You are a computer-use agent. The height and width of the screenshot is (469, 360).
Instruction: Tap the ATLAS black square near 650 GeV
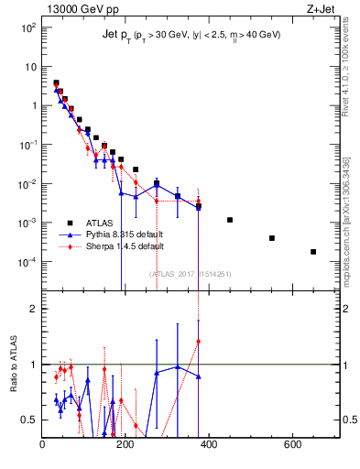313,252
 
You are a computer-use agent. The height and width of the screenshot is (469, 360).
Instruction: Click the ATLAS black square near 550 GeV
272,238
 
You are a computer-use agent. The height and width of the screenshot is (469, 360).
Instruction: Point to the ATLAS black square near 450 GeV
230,220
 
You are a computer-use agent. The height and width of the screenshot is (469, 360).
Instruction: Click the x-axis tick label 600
292,445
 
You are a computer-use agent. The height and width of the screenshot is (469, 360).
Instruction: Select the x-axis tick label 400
209,445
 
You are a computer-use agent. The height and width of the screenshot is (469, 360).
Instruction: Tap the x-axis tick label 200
125,445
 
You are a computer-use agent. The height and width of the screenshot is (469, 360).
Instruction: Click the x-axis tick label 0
43,445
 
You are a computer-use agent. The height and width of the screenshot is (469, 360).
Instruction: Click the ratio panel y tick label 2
33,310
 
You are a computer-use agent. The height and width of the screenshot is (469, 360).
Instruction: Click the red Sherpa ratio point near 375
199,342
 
